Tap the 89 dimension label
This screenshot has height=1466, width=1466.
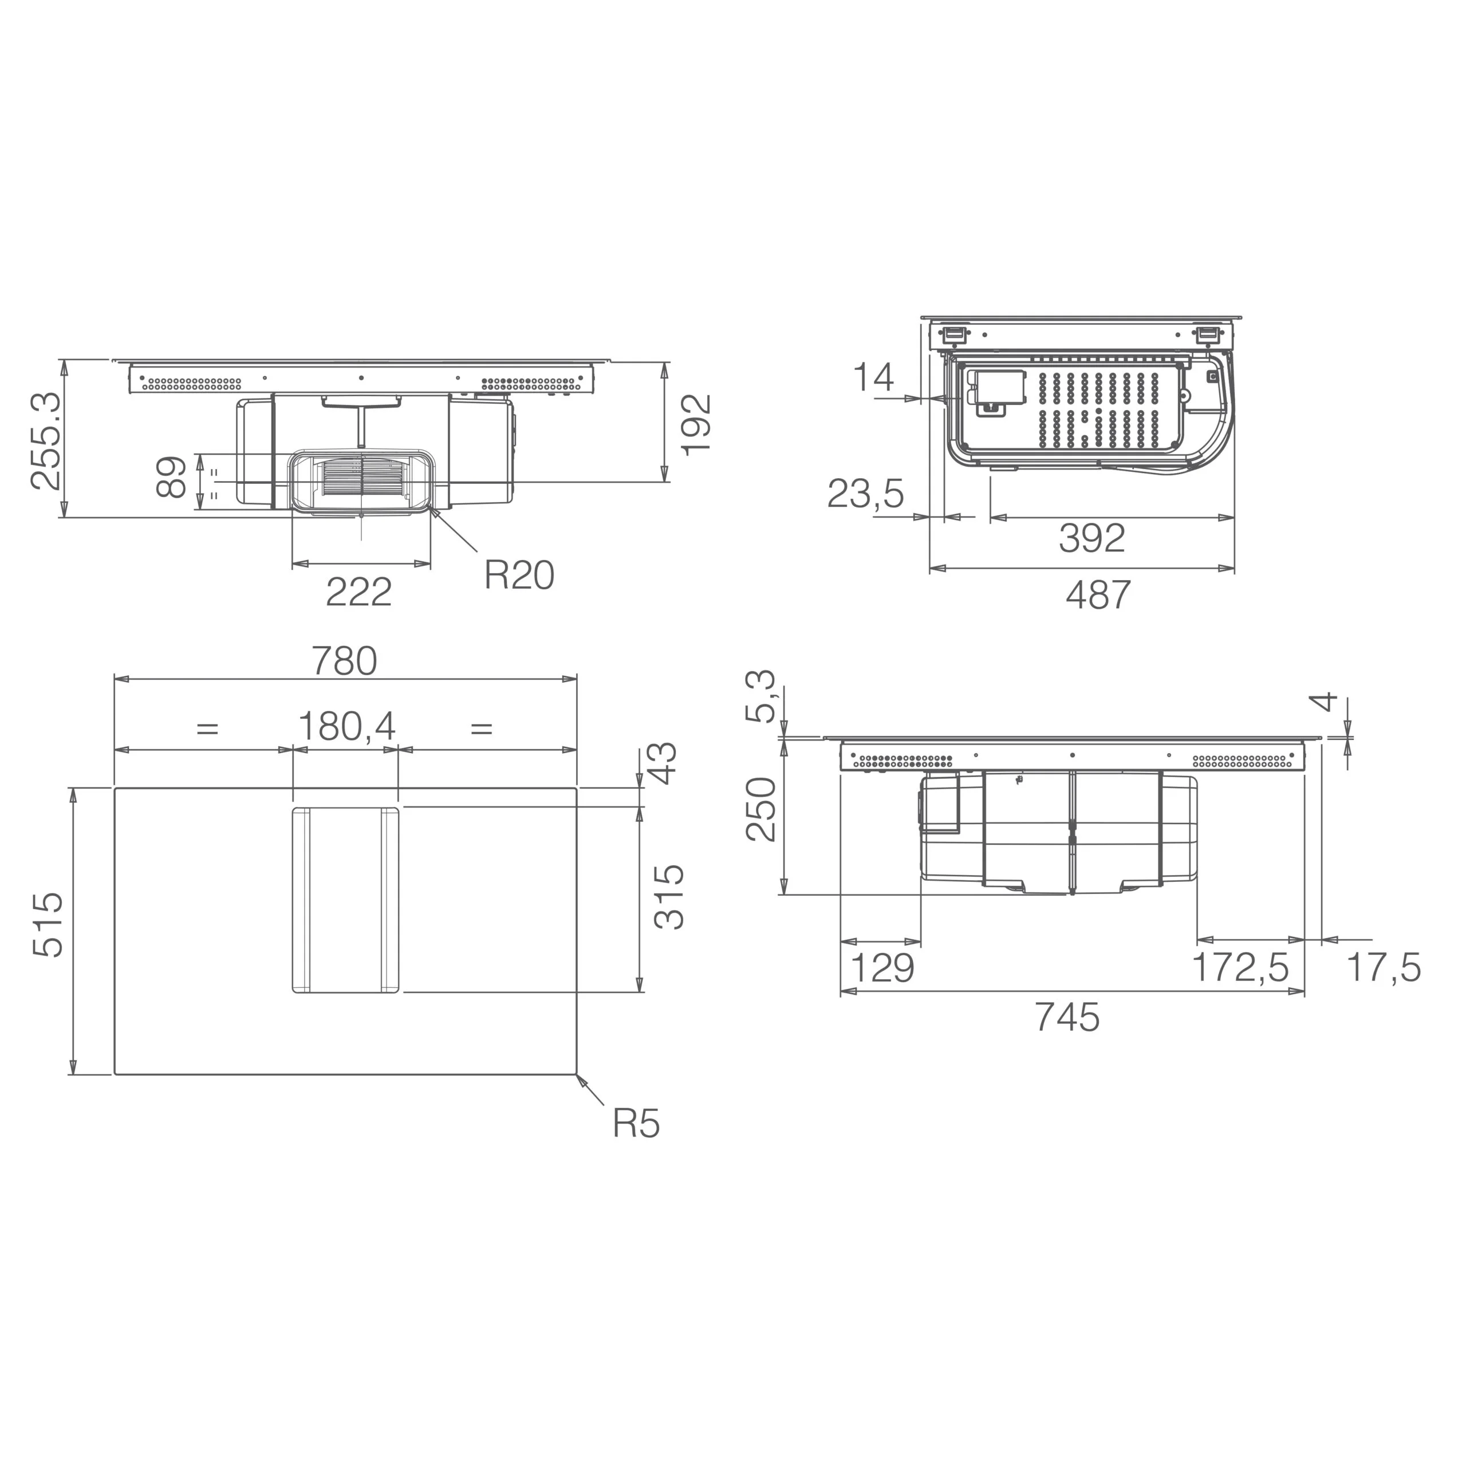point(171,476)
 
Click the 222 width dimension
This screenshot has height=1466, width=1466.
point(359,592)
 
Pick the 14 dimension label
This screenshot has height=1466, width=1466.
point(873,377)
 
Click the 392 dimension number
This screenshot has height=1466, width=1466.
point(1092,538)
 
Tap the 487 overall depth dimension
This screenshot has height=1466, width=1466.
point(1098,595)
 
